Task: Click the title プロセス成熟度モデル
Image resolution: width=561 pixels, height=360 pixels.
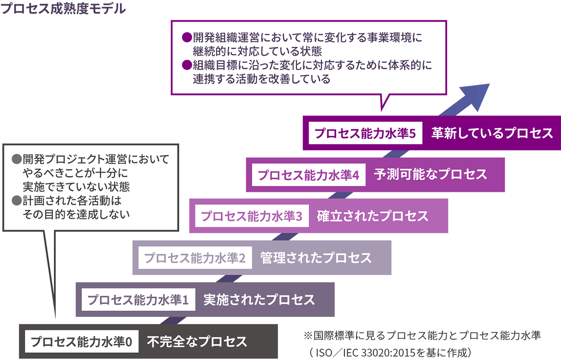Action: pos(63,8)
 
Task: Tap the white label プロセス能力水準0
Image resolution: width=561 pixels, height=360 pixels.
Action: pos(81,342)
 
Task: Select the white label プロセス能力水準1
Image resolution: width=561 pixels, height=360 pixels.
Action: pos(138,300)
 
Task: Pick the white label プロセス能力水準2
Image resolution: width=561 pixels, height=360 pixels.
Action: pos(195,258)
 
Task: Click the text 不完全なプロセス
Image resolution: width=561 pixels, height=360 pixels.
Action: pos(197,342)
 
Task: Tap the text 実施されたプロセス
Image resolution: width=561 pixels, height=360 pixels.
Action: pos(259,300)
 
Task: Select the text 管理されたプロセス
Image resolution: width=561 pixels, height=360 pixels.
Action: pos(316,258)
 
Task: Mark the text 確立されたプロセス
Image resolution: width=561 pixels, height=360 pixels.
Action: pos(373,216)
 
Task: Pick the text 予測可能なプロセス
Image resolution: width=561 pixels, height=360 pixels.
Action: pos(430,175)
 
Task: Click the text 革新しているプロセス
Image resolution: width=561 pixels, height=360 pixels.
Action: pos(492,133)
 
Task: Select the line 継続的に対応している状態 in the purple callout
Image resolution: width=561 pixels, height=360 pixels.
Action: pos(257,51)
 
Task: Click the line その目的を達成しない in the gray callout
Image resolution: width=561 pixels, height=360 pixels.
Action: pos(76,214)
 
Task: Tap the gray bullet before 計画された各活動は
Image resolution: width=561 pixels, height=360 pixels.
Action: pos(17,200)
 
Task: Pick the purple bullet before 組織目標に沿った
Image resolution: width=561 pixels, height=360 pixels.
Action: pos(187,65)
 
